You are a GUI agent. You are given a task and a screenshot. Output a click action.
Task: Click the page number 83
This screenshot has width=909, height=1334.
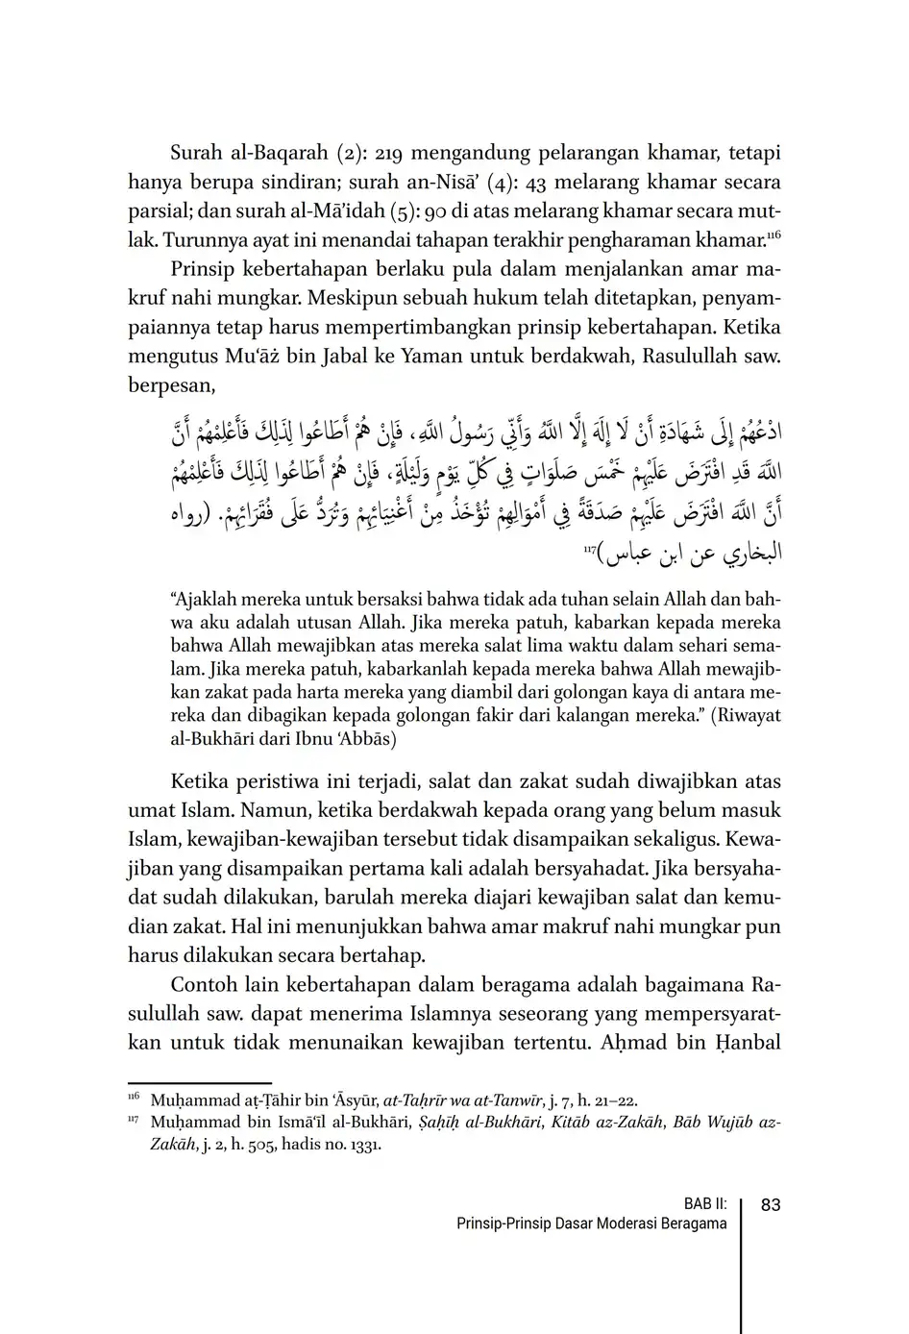pyautogui.click(x=770, y=1204)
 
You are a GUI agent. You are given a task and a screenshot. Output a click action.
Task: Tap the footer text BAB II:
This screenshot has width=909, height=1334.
pyautogui.click(x=705, y=1204)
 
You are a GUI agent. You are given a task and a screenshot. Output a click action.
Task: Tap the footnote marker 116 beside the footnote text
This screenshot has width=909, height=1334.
pyautogui.click(x=134, y=1098)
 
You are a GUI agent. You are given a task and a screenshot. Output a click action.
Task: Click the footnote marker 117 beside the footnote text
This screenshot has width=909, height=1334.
pyautogui.click(x=134, y=1119)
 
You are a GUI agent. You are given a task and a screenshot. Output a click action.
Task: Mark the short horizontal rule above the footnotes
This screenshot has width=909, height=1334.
pyautogui.click(x=200, y=1082)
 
